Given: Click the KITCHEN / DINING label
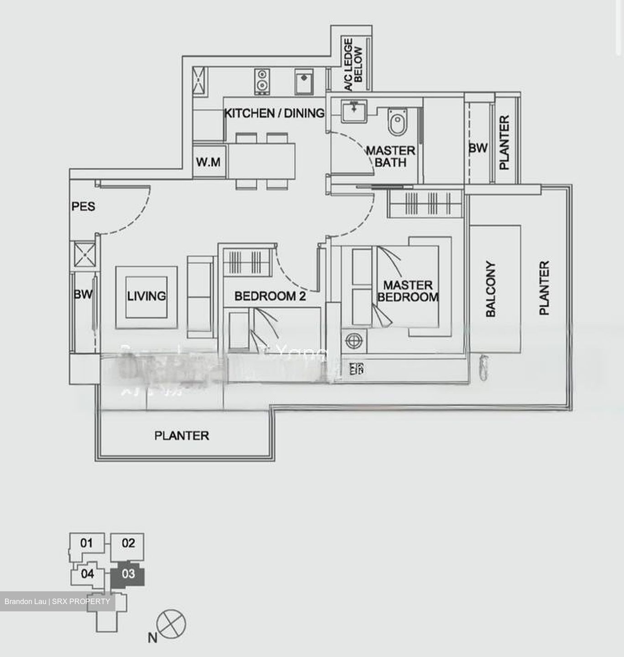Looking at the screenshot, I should coord(274,113).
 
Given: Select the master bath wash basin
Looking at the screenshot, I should coord(354,110).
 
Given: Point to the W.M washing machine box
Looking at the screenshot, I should coord(208,162).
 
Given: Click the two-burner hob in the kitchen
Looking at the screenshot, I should coord(261,81).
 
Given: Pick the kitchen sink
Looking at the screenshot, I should coord(303,81).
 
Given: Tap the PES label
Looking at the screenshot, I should coord(83,207).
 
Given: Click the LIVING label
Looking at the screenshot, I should coord(146,296).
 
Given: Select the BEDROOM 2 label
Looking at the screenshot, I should coord(270,297).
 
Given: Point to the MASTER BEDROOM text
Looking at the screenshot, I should coord(408,291).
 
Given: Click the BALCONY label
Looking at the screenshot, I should coord(490,289).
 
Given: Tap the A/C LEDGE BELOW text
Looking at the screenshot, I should coord(353,64).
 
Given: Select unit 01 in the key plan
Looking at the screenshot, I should coord(86,543).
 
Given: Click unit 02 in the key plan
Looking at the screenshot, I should coord(128,543).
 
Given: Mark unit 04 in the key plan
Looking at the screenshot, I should coord(87,574).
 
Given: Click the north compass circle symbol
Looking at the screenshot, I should coord(171,623).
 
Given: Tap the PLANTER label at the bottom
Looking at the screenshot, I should coord(182,436).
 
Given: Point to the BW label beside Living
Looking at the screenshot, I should coord(83,295).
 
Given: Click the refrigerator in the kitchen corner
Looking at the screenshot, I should coord(199,81).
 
